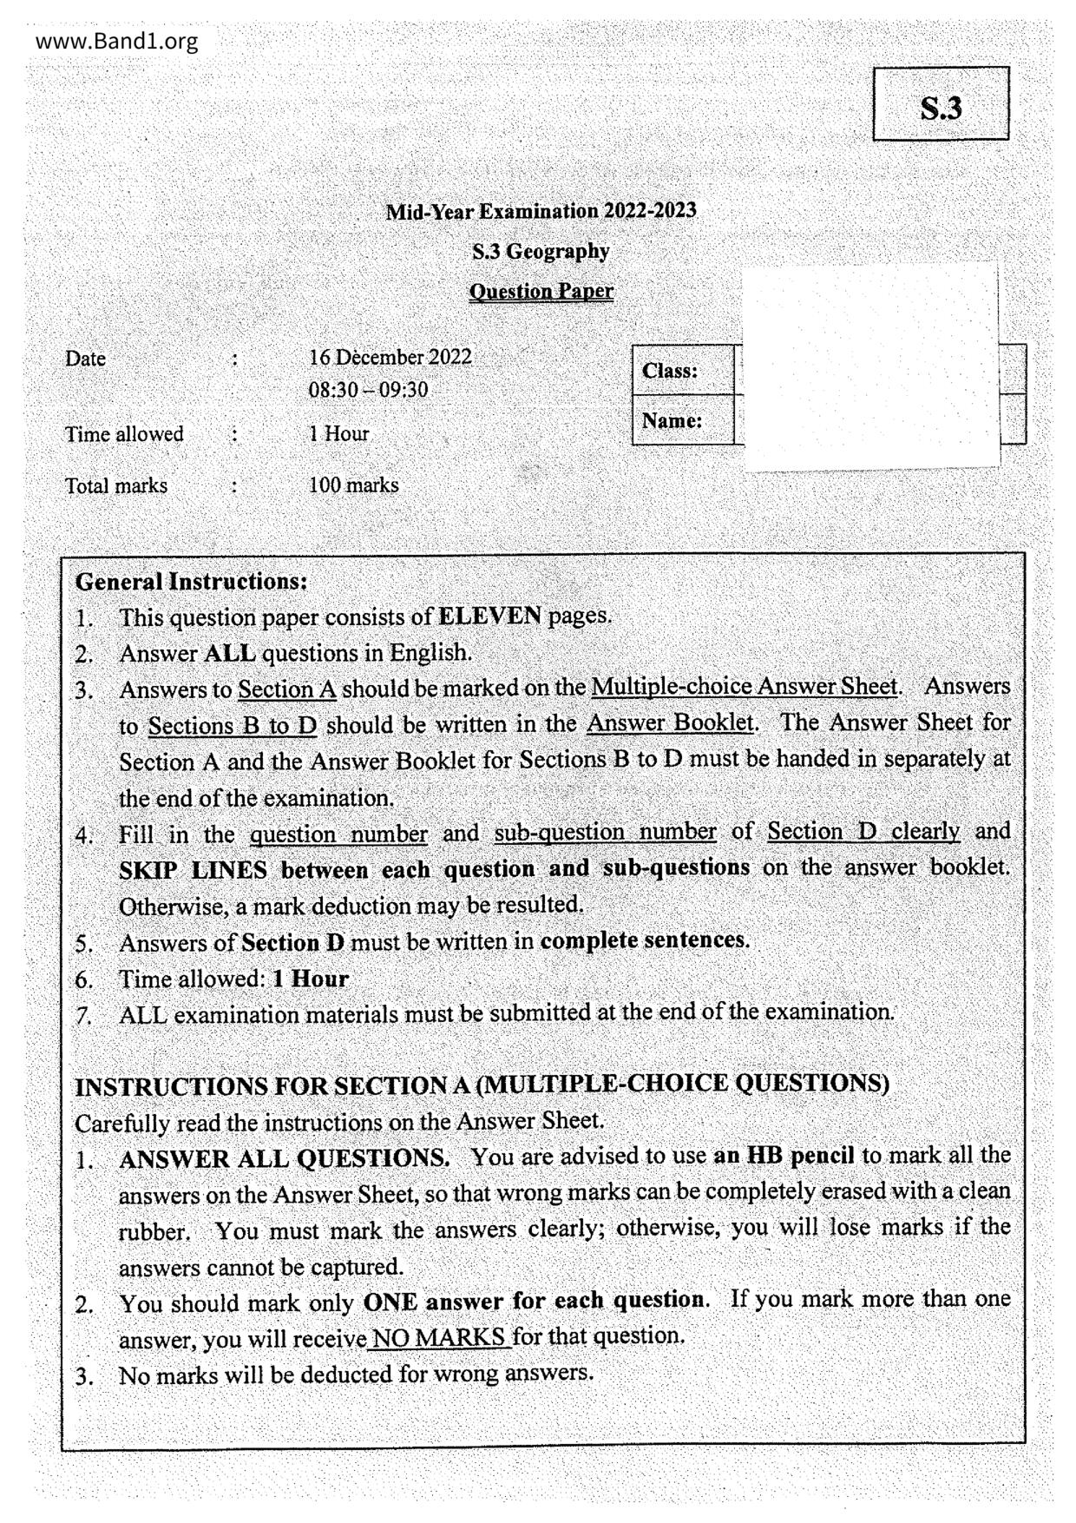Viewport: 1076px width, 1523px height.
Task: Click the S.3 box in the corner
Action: point(941,104)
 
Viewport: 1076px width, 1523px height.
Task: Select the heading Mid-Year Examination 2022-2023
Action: point(541,211)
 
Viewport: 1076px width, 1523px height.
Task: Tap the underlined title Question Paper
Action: point(541,292)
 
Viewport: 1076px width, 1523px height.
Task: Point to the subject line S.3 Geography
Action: point(541,252)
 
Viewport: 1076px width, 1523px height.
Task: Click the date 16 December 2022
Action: point(390,358)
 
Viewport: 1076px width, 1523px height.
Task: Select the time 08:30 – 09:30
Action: point(368,390)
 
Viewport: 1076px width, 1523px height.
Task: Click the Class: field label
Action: point(670,371)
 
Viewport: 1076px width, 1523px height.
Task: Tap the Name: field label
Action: point(672,421)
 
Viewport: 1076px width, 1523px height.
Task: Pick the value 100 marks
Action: point(353,485)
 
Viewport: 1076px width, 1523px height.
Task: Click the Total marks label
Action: point(116,485)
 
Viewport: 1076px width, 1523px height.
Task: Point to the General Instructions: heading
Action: point(192,581)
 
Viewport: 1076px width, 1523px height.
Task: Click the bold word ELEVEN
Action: point(490,616)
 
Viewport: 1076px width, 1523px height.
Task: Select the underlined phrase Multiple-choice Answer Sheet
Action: point(745,687)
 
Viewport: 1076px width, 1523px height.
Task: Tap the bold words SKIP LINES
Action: point(193,870)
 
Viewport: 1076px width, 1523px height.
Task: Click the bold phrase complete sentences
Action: point(644,940)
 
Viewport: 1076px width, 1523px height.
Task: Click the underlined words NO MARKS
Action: point(440,1337)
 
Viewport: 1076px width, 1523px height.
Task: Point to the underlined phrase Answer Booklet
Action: point(670,723)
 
